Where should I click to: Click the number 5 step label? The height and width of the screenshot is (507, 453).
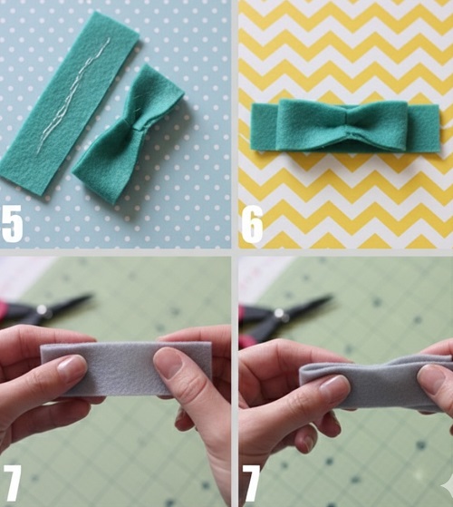coord(12,223)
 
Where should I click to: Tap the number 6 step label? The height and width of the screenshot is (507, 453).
coord(252,225)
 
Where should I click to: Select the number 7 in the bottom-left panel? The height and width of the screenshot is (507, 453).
coord(13,483)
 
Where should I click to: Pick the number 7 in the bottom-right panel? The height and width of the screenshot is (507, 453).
coord(251,483)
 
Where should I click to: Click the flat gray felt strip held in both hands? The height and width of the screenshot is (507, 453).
coord(126,368)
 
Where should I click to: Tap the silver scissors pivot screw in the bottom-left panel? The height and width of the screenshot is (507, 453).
coord(42,309)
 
